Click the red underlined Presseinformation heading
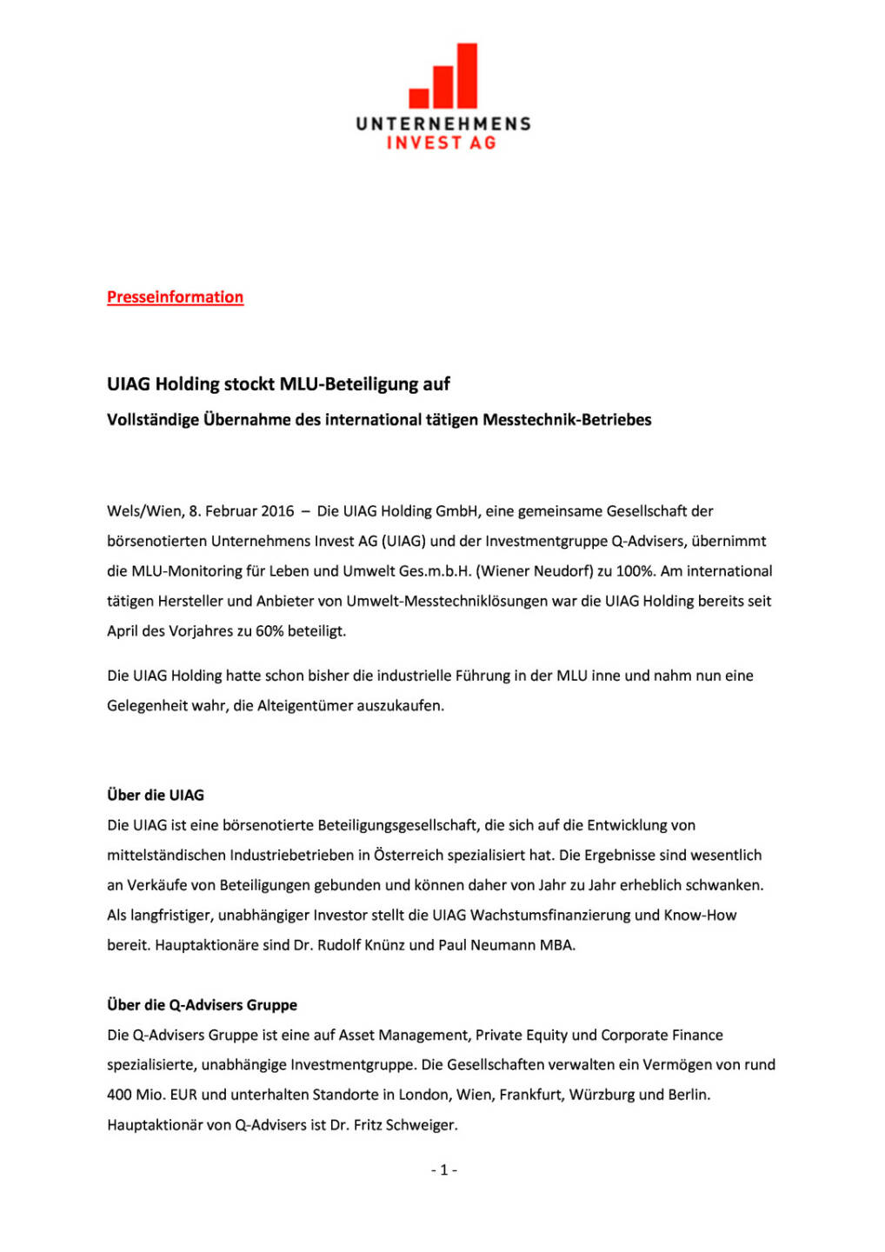point(175,297)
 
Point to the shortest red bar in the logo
point(419,97)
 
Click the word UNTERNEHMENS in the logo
point(442,123)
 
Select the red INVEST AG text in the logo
point(442,143)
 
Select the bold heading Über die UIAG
point(156,796)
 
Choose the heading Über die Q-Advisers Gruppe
point(202,1005)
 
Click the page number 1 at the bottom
point(443,1170)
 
